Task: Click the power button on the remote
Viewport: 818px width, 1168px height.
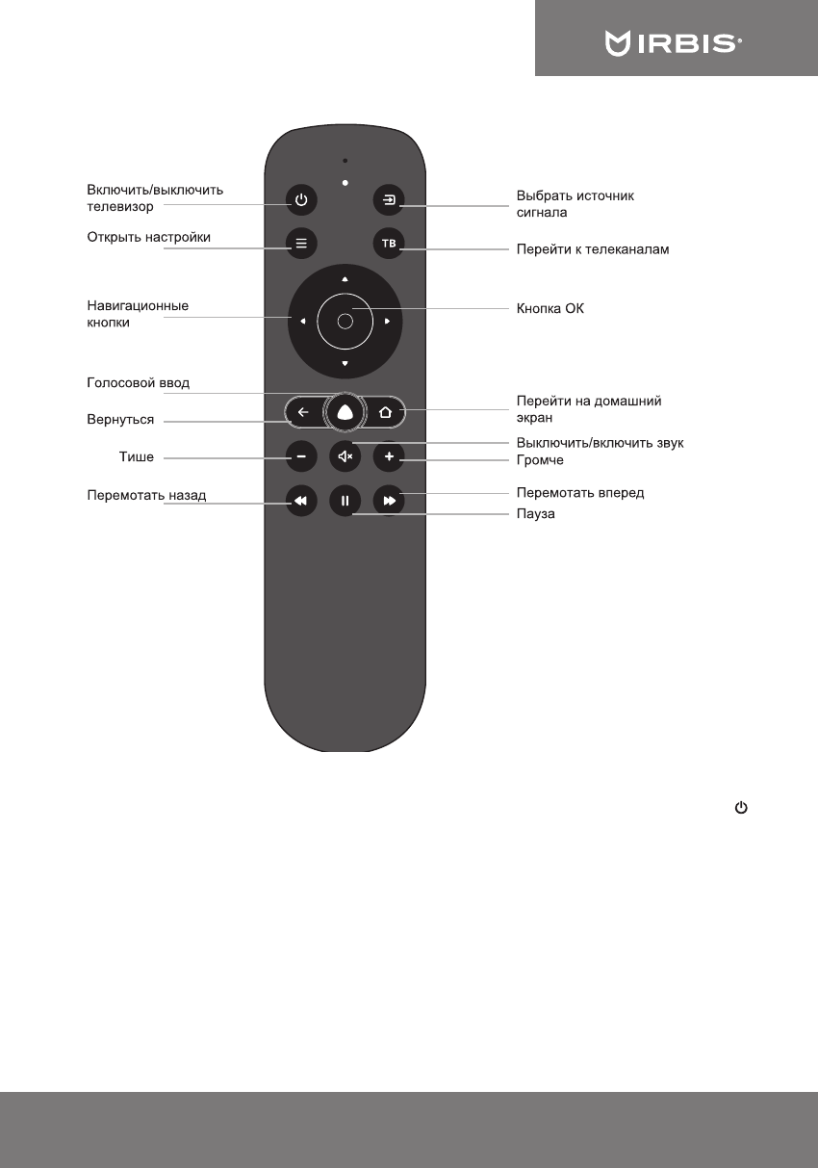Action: (301, 200)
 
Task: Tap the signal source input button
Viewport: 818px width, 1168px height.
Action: (388, 200)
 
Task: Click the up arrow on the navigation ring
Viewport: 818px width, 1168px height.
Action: (345, 279)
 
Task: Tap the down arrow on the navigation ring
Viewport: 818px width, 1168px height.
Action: (345, 363)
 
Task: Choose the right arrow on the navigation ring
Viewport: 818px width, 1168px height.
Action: (386, 322)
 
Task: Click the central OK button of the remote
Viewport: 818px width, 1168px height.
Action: (345, 321)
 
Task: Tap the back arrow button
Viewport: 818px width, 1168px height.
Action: (303, 413)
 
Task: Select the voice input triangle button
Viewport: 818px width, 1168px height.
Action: (345, 413)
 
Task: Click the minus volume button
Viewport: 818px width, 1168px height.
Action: (301, 456)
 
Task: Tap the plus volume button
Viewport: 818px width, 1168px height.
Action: (388, 456)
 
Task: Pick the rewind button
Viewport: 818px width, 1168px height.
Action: (301, 501)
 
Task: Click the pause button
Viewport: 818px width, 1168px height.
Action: (345, 501)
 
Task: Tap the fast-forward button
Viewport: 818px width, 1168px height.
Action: (388, 501)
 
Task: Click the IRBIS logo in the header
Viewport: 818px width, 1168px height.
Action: (673, 43)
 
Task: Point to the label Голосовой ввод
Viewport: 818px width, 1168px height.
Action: (139, 383)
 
